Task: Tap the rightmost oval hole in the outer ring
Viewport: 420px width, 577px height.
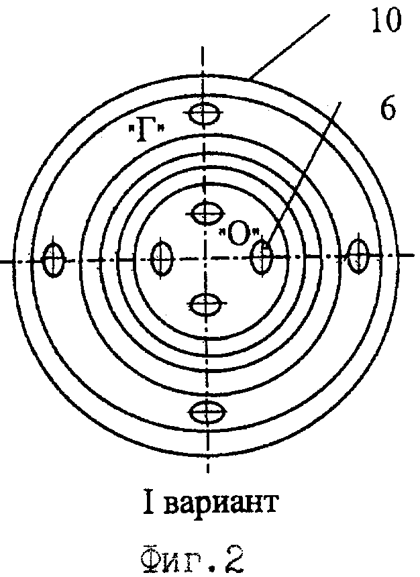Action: tap(360, 254)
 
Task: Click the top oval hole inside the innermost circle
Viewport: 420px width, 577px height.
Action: tap(204, 213)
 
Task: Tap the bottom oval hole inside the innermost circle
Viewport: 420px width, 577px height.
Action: tap(205, 304)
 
